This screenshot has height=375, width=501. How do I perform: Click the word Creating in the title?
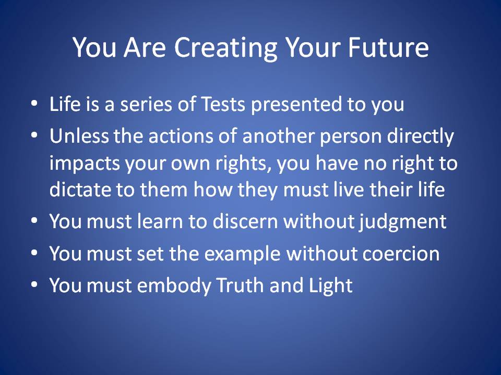(x=225, y=48)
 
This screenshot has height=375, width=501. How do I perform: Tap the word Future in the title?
(x=388, y=47)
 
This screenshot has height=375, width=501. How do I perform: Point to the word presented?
(x=296, y=105)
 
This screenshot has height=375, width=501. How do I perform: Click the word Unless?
(x=79, y=135)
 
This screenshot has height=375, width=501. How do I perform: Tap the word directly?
(x=421, y=137)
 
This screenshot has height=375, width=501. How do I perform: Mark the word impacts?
(x=85, y=164)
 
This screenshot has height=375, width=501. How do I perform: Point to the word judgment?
(x=402, y=222)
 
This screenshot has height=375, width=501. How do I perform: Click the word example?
(x=242, y=254)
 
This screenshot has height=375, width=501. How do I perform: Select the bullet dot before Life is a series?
(x=34, y=104)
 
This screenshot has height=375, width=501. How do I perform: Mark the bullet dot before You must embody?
(x=34, y=284)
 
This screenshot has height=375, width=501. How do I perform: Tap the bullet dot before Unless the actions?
(x=34, y=135)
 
